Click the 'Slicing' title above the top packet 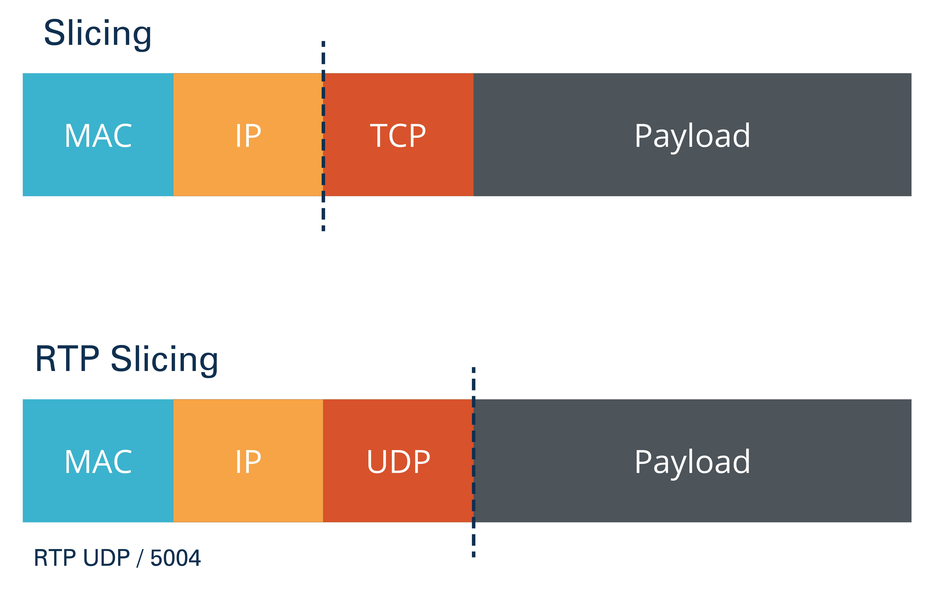coord(98,34)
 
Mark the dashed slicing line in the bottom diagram coord(473,462)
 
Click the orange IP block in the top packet coord(248,134)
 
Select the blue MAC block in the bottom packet coord(98,461)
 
